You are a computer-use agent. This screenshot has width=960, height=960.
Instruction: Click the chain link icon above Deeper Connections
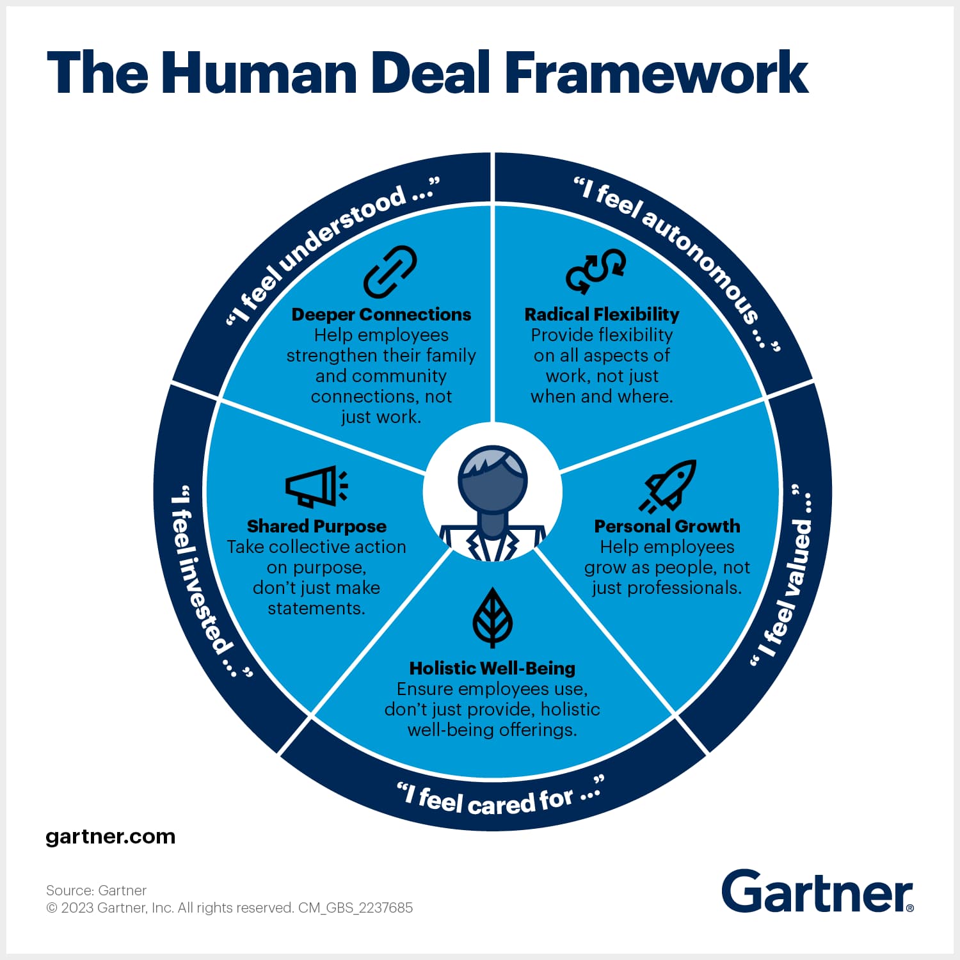click(390, 271)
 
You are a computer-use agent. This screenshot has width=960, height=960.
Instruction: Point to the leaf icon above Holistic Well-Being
click(492, 618)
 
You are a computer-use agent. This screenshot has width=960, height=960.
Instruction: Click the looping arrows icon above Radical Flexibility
click(596, 271)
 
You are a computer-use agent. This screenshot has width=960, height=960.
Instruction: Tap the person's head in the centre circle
click(492, 480)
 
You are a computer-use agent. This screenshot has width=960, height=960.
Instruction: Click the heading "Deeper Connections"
click(381, 314)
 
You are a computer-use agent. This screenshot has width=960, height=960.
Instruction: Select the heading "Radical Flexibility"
click(602, 314)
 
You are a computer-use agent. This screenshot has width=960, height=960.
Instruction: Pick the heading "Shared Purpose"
click(317, 526)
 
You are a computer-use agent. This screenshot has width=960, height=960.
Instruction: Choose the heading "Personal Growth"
click(667, 526)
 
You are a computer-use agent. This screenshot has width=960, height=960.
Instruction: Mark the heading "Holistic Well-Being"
click(492, 668)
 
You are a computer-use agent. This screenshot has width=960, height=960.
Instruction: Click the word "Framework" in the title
click(657, 73)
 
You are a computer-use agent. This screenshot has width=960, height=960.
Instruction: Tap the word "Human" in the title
click(259, 73)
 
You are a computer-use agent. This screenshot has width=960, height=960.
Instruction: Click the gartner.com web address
click(111, 836)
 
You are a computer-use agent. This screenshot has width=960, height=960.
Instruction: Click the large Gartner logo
click(817, 891)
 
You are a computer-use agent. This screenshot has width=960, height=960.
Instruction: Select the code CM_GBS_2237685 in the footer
click(355, 908)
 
